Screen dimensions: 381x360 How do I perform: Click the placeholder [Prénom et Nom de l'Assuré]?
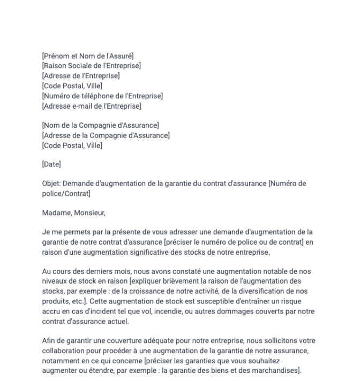(88, 56)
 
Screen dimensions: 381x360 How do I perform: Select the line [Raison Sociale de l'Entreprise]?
(91, 66)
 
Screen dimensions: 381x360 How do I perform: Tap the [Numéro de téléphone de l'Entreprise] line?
(102, 96)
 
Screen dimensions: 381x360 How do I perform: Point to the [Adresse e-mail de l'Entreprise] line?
(92, 106)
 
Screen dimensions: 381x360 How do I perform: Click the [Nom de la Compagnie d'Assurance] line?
(100, 125)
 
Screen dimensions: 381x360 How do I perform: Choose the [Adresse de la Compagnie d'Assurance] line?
(106, 135)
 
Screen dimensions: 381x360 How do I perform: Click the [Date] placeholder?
(51, 164)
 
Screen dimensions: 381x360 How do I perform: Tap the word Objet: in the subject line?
(52, 184)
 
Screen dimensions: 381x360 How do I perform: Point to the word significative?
(154, 252)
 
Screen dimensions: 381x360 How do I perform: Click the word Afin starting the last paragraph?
(49, 340)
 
